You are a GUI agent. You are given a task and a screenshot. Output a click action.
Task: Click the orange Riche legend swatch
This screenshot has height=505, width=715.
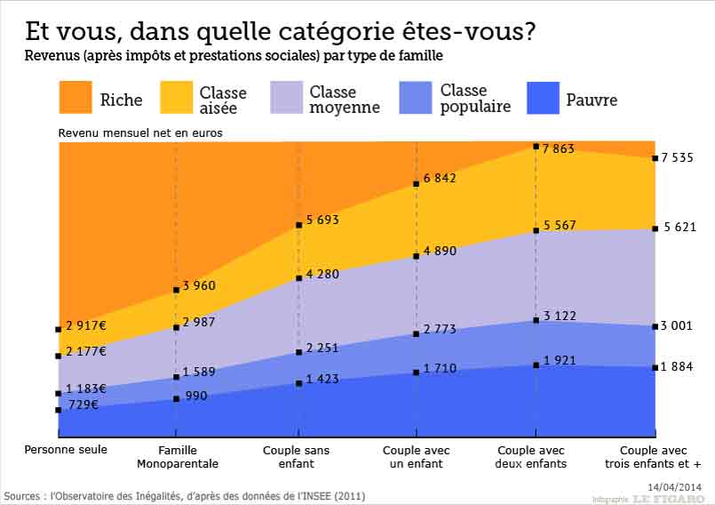(x=75, y=98)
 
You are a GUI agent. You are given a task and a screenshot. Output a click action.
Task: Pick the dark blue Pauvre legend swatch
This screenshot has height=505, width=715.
(x=544, y=98)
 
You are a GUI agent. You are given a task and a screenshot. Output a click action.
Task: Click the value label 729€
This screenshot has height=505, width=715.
(x=85, y=405)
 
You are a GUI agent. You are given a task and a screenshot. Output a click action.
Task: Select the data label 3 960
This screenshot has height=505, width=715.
(x=199, y=285)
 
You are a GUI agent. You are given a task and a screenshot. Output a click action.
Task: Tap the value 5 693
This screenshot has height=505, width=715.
(x=322, y=220)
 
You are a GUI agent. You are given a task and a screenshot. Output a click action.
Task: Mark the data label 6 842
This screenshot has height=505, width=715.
(x=440, y=179)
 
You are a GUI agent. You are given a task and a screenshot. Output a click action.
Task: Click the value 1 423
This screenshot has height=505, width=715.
(x=322, y=379)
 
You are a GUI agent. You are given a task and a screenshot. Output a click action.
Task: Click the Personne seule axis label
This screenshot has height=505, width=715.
(x=66, y=450)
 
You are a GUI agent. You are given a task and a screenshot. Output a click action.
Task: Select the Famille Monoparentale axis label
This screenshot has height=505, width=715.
(x=178, y=457)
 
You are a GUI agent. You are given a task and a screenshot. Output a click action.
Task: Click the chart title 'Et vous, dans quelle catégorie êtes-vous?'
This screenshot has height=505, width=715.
(x=280, y=32)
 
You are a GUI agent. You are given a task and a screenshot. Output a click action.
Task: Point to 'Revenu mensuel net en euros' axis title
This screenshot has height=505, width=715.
(x=139, y=132)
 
